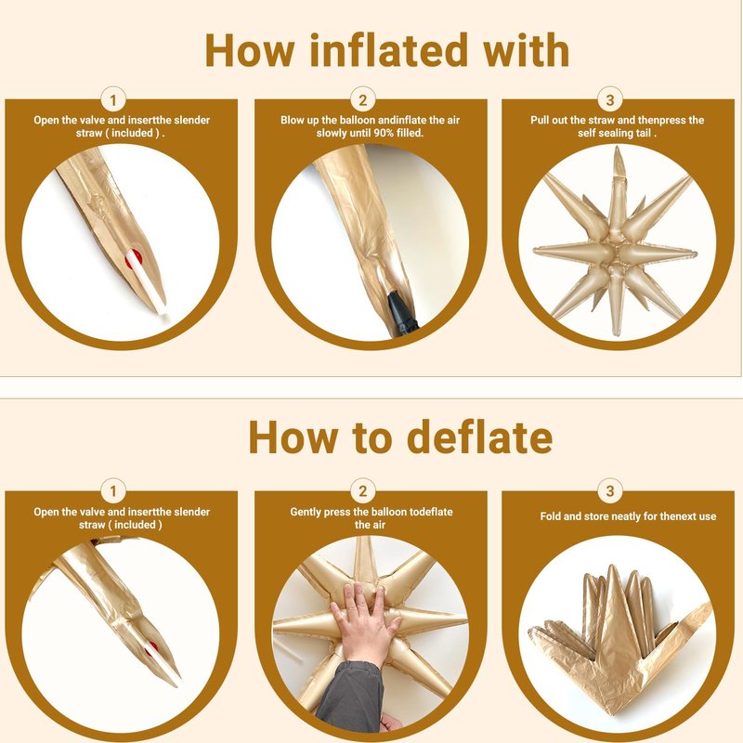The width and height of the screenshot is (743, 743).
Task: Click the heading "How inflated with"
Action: pyautogui.click(x=387, y=50)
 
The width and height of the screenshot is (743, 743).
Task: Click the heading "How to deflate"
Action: pyautogui.click(x=400, y=437)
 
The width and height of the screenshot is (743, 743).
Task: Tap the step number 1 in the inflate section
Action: pyautogui.click(x=113, y=100)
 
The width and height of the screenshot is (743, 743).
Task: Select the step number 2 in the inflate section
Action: pyautogui.click(x=363, y=100)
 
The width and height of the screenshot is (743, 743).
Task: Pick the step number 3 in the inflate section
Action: pyautogui.click(x=610, y=100)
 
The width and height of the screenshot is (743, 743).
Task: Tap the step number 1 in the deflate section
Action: pyautogui.click(x=113, y=492)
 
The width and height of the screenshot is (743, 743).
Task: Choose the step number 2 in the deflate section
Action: pyautogui.click(x=363, y=492)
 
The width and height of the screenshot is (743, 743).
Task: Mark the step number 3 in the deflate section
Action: pyautogui.click(x=610, y=492)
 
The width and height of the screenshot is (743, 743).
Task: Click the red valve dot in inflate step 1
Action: pyautogui.click(x=133, y=259)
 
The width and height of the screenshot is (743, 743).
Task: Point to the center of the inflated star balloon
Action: pyautogui.click(x=616, y=251)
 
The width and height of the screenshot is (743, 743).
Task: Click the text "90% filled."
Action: pyautogui.click(x=398, y=133)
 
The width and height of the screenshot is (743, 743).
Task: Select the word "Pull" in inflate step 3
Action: pyautogui.click(x=540, y=121)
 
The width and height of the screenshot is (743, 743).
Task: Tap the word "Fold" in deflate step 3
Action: pyautogui.click(x=550, y=516)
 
